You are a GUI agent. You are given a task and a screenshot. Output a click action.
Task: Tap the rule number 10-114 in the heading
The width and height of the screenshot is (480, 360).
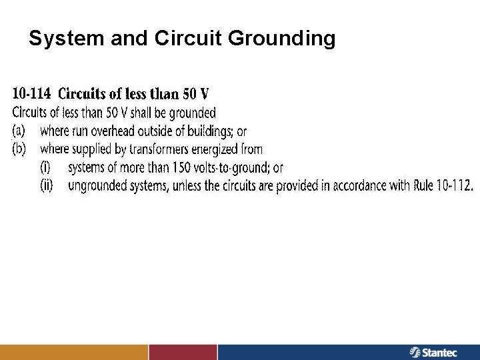[33, 93]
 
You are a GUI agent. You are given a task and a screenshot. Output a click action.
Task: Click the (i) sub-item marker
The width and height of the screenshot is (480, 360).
[49, 168]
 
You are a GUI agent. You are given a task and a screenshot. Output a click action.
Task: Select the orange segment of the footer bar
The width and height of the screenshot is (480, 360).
[73, 351]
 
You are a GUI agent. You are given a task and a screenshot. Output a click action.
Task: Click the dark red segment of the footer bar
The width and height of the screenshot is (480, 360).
[183, 351]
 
